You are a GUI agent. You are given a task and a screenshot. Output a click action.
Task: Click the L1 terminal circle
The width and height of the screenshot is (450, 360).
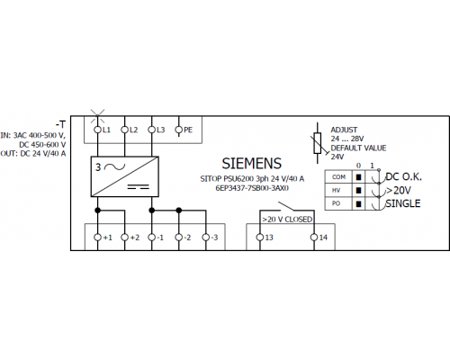click(x=97, y=130)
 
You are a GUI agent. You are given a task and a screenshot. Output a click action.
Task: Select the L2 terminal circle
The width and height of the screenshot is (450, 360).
click(x=124, y=130)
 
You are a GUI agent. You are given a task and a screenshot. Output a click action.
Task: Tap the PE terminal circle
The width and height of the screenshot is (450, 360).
click(x=179, y=130)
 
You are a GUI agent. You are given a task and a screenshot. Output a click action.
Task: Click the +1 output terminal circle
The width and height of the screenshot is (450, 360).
click(x=97, y=238)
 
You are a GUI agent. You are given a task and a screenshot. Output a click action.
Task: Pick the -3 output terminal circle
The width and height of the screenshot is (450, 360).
click(x=206, y=238)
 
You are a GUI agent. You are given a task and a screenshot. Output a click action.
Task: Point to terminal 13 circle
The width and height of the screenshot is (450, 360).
click(x=260, y=238)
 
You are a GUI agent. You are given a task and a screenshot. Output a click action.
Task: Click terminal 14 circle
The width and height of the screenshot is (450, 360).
click(x=314, y=238)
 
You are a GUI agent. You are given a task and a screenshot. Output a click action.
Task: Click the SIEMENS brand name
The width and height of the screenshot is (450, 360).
click(x=252, y=164)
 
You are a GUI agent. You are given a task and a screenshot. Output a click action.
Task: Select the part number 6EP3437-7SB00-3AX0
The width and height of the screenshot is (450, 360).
click(x=252, y=188)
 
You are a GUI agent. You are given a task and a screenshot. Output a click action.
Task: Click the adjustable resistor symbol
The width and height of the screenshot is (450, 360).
click(x=318, y=143)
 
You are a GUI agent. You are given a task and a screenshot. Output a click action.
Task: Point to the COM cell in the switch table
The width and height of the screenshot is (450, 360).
click(x=338, y=177)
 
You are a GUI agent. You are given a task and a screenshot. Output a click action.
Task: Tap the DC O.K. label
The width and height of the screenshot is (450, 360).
click(x=403, y=176)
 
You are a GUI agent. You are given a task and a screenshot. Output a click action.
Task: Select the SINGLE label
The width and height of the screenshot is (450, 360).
click(x=403, y=203)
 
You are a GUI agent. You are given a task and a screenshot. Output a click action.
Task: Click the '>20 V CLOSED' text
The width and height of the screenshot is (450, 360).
click(x=287, y=220)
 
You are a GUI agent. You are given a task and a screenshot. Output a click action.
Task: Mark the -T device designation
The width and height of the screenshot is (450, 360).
click(x=60, y=124)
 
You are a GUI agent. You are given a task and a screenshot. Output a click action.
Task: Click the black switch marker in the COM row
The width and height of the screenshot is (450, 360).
click(x=358, y=177)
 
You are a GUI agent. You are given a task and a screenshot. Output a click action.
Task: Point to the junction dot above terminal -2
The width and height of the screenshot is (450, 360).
click(x=179, y=211)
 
